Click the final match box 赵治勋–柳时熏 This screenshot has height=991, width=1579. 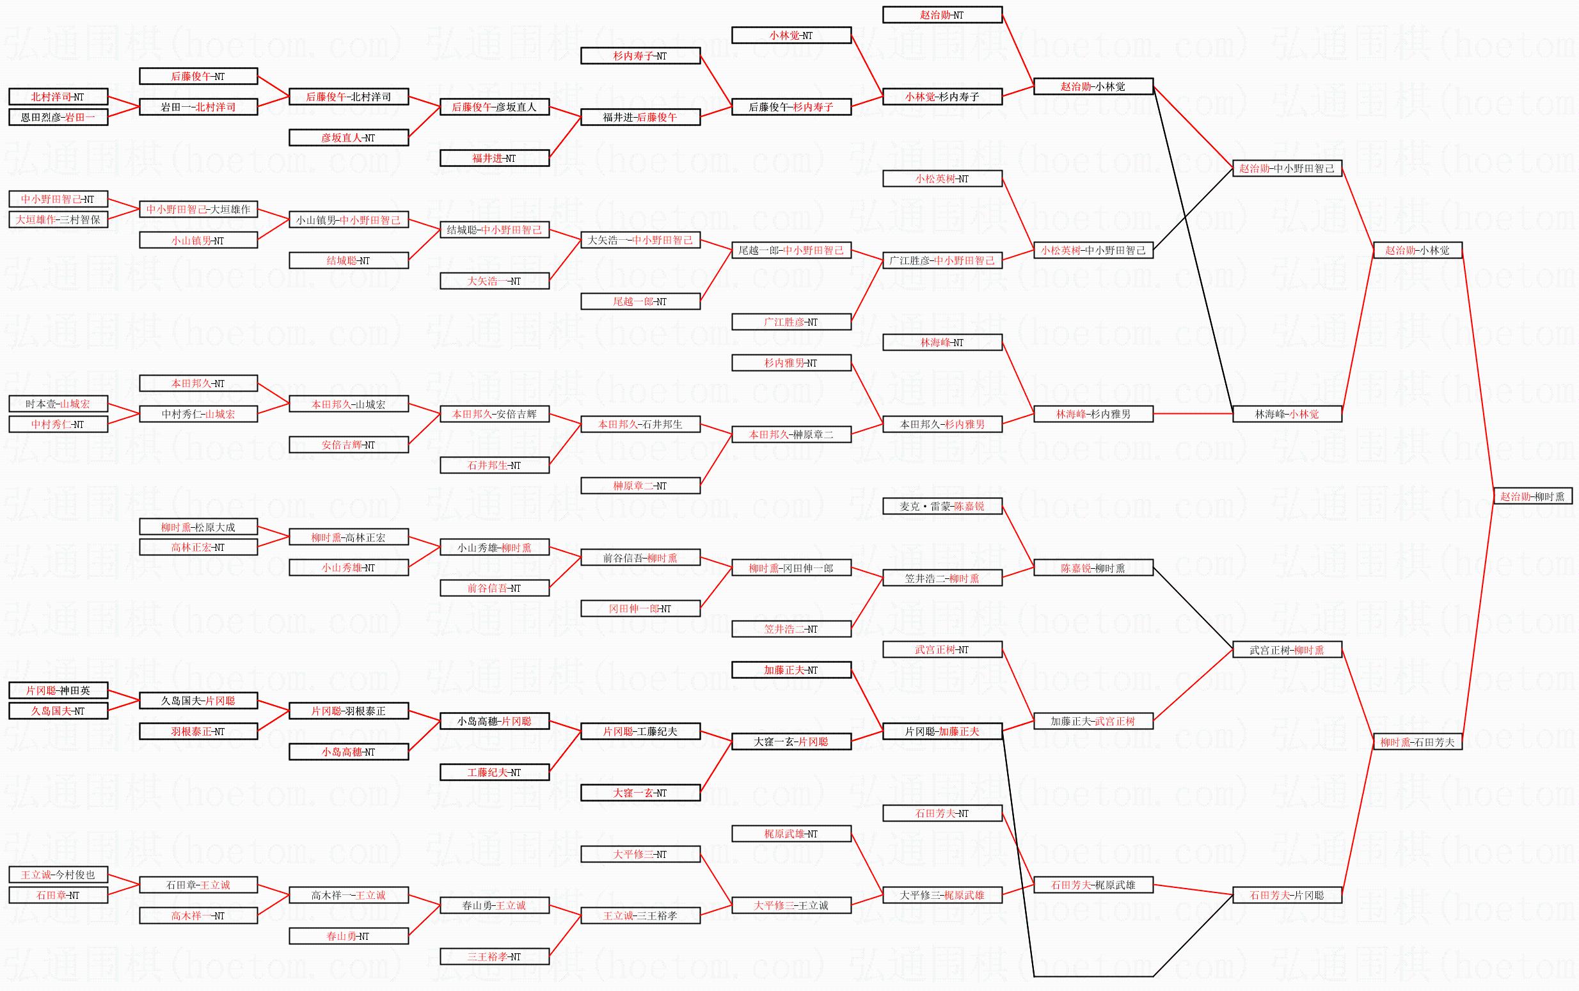click(x=1532, y=496)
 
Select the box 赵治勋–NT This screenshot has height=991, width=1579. click(x=942, y=15)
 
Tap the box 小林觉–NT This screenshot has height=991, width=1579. click(x=791, y=35)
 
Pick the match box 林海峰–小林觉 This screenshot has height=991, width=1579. click(x=1287, y=414)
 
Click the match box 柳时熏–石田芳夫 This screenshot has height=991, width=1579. click(x=1417, y=742)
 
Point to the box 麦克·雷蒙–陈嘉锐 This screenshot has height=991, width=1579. click(x=942, y=506)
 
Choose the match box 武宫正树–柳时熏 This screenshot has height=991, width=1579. click(x=1287, y=650)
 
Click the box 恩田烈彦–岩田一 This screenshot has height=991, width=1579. click(x=58, y=117)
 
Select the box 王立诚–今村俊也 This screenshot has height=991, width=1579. click(x=58, y=875)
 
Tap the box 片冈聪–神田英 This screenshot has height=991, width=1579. click(x=58, y=690)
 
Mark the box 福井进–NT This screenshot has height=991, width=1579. click(x=494, y=158)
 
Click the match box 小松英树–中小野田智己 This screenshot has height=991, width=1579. click(x=1093, y=250)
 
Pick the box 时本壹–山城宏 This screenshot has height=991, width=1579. click(x=58, y=404)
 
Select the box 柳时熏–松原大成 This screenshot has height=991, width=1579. click(x=198, y=527)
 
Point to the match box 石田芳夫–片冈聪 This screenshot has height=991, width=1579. click(x=1287, y=894)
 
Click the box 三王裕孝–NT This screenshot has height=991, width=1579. click(x=494, y=956)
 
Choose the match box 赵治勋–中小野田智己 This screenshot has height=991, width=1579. click(x=1287, y=168)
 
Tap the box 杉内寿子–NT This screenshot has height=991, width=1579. click(x=640, y=56)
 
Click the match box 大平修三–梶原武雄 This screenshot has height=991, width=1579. click(x=942, y=894)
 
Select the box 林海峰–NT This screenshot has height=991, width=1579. click(x=942, y=342)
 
